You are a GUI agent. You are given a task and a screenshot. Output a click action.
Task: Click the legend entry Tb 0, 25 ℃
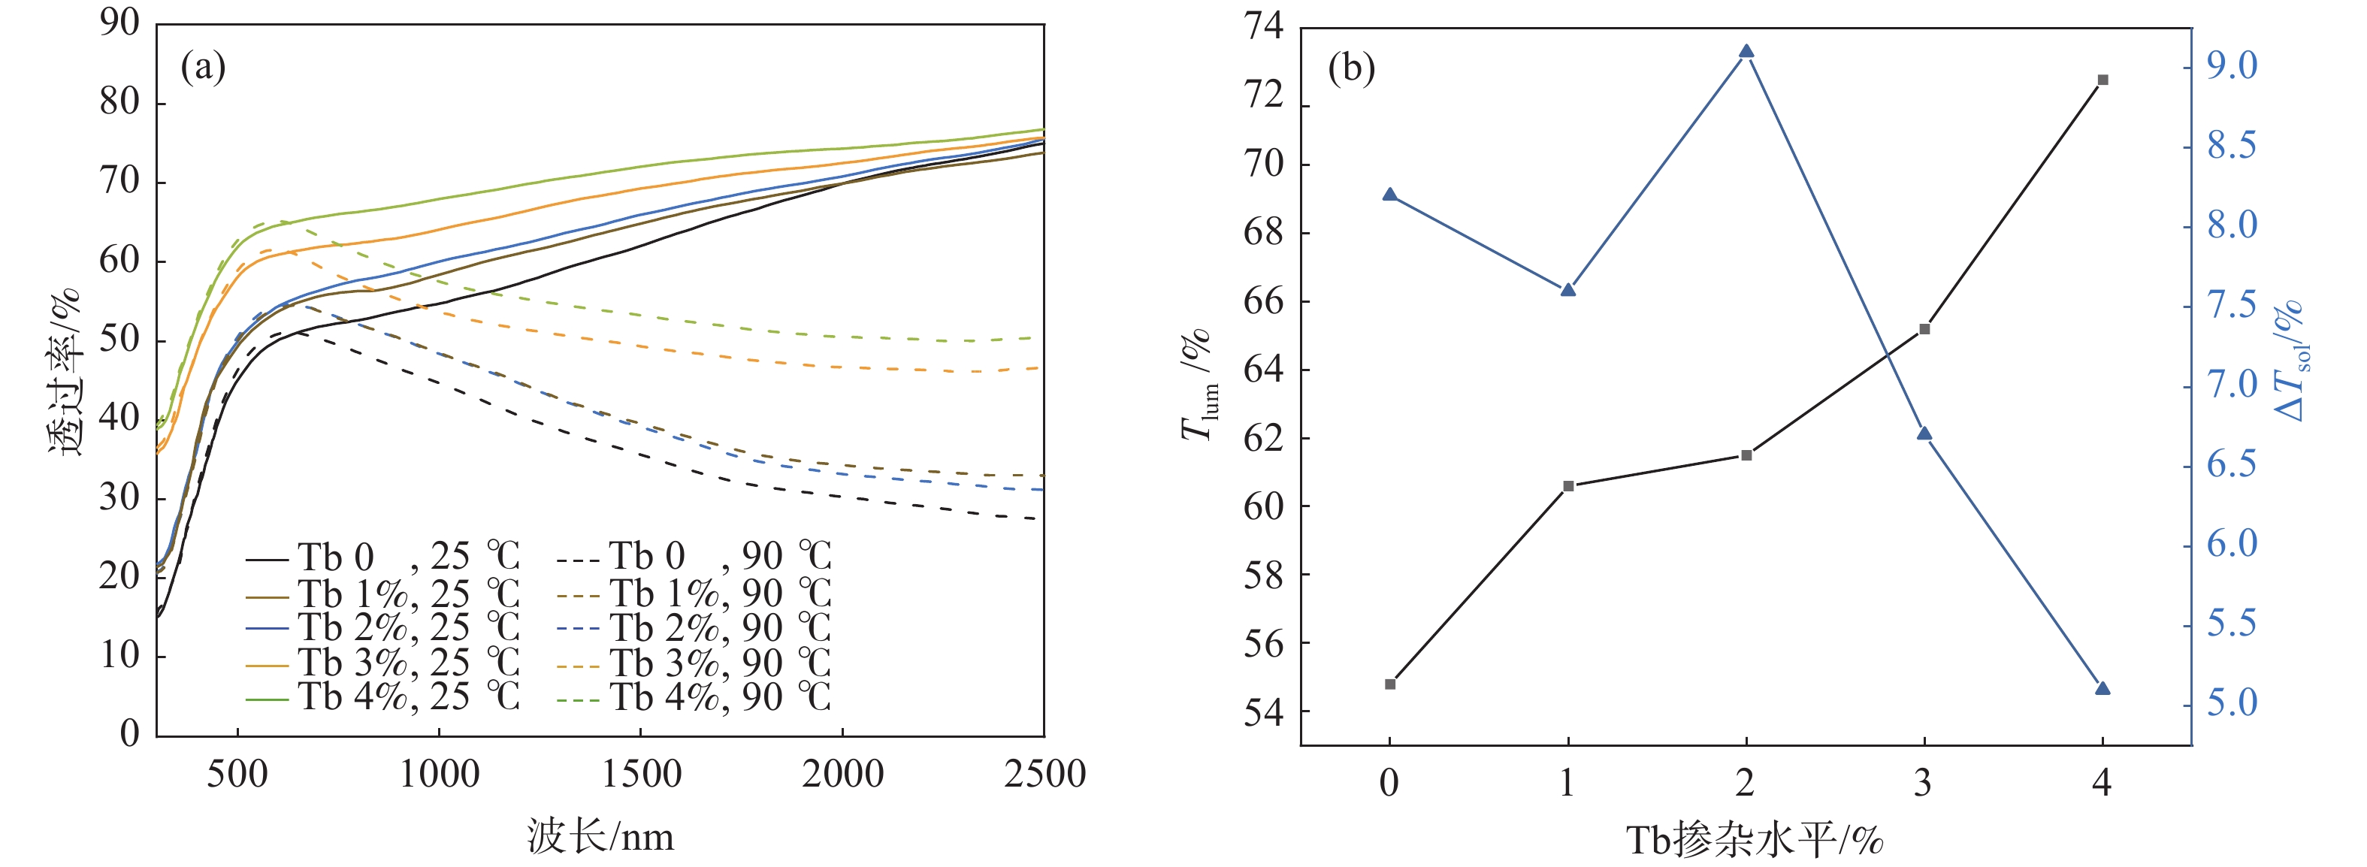click(x=381, y=557)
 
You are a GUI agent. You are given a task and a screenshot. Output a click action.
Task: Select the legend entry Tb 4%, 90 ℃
click(x=694, y=697)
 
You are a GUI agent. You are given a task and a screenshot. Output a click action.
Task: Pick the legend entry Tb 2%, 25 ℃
click(x=381, y=628)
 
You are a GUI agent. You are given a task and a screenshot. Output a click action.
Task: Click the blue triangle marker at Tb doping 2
click(x=1746, y=51)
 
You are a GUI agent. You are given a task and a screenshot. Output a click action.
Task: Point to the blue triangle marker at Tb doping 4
click(x=2102, y=688)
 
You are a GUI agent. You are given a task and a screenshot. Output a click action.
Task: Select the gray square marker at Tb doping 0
click(x=1389, y=684)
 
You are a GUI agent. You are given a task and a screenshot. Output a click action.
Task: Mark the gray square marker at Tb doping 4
click(x=2102, y=80)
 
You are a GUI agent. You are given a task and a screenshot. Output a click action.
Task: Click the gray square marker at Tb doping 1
click(x=1568, y=486)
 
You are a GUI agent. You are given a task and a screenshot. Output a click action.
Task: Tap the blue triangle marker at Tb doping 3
click(x=1924, y=433)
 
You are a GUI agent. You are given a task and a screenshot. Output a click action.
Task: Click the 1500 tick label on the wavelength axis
click(x=640, y=775)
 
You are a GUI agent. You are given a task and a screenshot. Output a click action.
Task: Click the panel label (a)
click(x=203, y=66)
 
